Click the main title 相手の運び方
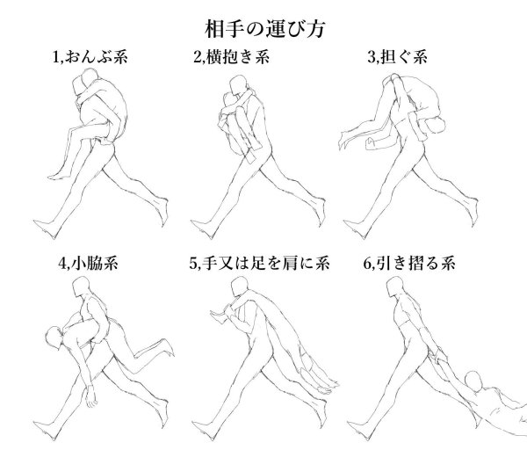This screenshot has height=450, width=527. [x=264, y=29]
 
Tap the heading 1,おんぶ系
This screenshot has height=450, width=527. [x=90, y=56]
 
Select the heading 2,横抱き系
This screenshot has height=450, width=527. [x=231, y=56]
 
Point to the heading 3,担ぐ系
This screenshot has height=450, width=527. [x=397, y=56]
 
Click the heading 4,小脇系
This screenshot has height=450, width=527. [x=88, y=263]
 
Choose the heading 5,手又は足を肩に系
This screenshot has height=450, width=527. [x=259, y=263]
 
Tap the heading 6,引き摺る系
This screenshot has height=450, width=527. [x=409, y=263]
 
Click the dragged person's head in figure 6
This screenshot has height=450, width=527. [x=473, y=381]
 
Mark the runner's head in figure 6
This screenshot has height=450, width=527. [x=395, y=287]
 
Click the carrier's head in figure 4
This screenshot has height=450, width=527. [x=82, y=287]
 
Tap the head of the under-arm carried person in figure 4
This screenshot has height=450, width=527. [x=54, y=337]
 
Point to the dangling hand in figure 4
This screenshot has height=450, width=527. [x=90, y=397]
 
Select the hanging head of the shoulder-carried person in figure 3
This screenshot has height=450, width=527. [x=436, y=125]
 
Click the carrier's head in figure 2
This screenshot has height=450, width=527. [x=238, y=85]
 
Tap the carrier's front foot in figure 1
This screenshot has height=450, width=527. [x=46, y=229]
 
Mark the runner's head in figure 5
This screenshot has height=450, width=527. [x=240, y=287]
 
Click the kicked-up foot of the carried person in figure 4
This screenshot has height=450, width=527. [x=167, y=347]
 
